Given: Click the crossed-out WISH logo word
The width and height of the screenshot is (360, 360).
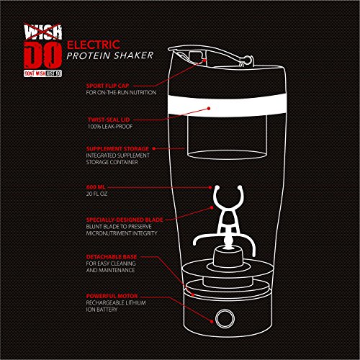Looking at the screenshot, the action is (43, 32).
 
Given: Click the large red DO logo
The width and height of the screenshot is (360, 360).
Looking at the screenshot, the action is (43, 55).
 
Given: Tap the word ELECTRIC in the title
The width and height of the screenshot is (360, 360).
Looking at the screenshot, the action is (94, 45).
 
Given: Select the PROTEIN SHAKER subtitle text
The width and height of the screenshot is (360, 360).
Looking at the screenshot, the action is (110, 55).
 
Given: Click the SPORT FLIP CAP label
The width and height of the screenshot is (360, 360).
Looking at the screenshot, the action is (107, 86).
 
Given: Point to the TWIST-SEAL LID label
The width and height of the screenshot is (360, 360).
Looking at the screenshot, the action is (109, 120).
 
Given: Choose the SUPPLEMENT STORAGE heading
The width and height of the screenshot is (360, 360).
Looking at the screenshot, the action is (117, 149).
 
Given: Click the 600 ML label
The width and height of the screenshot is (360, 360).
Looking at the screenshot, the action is (96, 187).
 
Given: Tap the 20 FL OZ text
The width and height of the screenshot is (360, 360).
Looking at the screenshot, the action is (96, 194).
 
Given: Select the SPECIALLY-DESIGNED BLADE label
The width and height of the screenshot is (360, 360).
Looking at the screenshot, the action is (125, 220).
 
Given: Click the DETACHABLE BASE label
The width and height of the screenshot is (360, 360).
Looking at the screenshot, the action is (112, 257).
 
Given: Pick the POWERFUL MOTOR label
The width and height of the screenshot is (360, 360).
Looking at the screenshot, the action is (112, 296).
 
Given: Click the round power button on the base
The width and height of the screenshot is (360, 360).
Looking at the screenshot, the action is (225, 318).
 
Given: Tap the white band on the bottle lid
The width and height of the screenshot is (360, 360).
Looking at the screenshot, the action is (228, 105).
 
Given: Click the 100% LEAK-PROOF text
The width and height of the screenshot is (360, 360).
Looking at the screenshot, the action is (110, 127).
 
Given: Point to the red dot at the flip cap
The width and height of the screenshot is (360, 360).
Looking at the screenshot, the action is (204, 60).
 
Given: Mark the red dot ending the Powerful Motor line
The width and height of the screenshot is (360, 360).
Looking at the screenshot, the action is (212, 321).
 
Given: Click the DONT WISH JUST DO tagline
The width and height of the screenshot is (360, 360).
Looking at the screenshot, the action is (43, 73).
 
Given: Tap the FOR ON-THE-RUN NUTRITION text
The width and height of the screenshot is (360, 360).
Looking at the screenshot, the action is (121, 92).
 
